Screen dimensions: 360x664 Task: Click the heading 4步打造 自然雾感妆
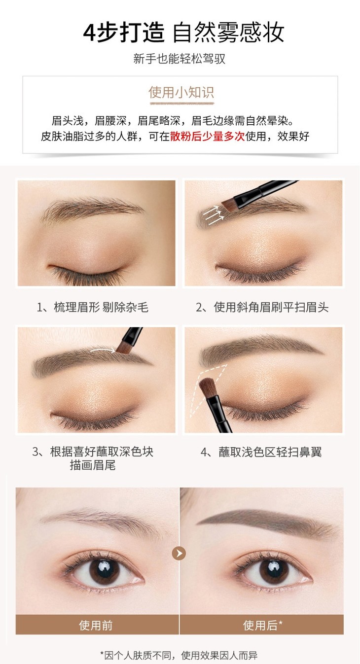pyautogui.click(x=183, y=32)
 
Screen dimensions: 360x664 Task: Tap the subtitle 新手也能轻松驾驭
pyautogui.click(x=180, y=59)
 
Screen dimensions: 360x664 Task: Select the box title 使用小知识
pyautogui.click(x=181, y=92)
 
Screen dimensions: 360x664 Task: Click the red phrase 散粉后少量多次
pyautogui.click(x=207, y=137)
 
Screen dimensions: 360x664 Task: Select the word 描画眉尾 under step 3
pyautogui.click(x=93, y=465)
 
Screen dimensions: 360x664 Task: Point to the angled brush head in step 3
pyautogui.click(x=124, y=348)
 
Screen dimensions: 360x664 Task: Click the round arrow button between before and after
pyautogui.click(x=179, y=553)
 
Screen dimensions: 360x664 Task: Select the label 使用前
pyautogui.click(x=96, y=626)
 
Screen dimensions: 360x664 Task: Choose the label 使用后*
pyautogui.click(x=263, y=626)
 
